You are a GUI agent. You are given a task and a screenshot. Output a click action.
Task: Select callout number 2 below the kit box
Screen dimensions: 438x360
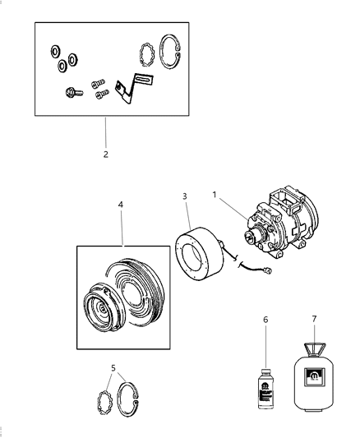pyautogui.click(x=104, y=154)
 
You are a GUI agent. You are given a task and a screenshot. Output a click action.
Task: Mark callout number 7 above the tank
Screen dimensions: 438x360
pyautogui.click(x=313, y=317)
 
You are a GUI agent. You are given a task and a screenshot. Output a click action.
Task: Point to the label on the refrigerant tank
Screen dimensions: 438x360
pyautogui.click(x=314, y=380)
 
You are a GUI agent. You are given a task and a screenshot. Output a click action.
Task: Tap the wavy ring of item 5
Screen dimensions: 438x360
pyautogui.click(x=104, y=403)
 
